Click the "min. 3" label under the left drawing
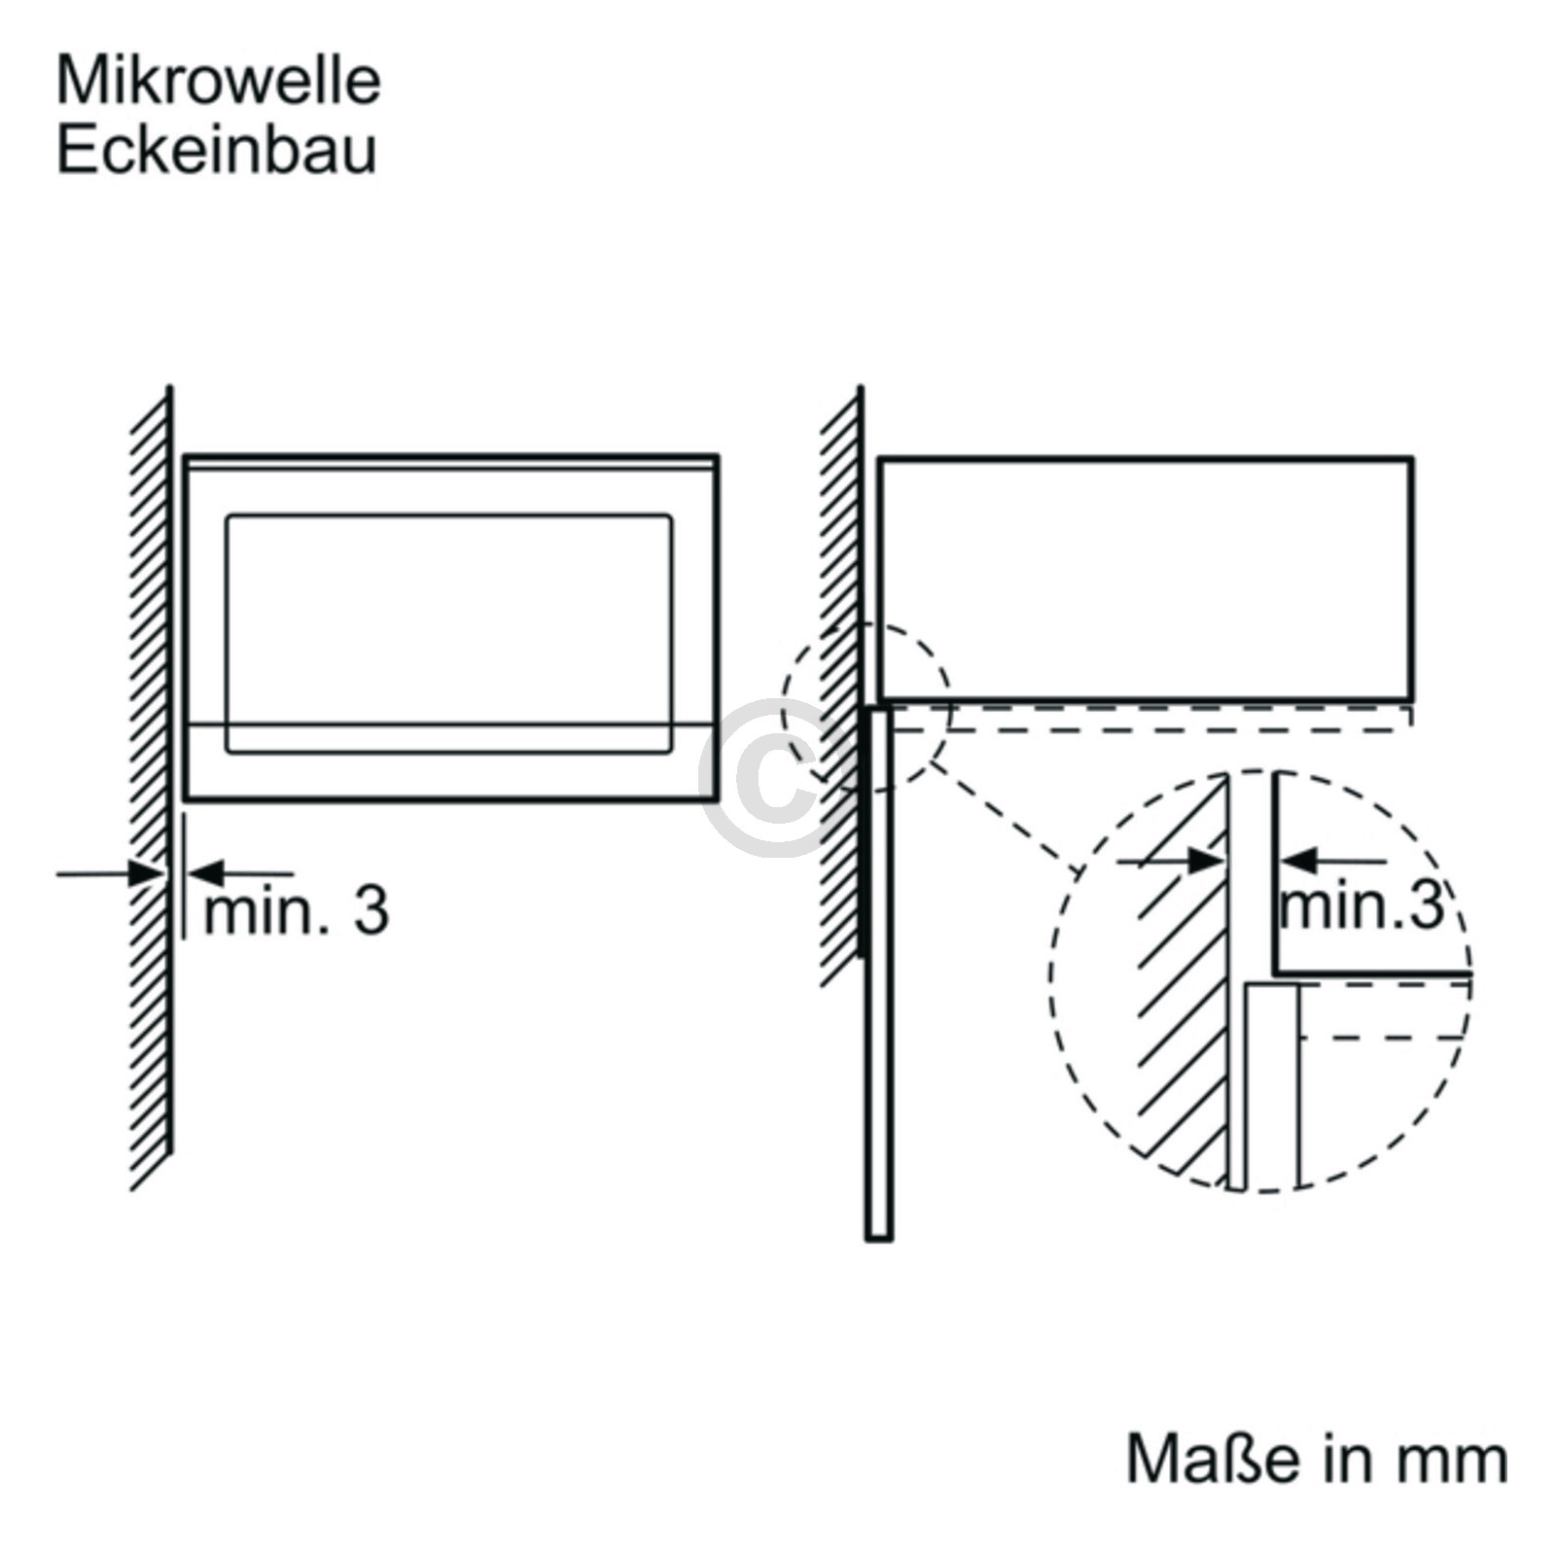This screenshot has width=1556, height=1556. click(297, 910)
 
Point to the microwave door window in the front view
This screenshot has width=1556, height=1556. click(448, 634)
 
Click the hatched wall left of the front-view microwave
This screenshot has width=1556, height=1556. click(152, 788)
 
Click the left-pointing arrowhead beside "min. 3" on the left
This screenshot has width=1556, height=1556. click(203, 872)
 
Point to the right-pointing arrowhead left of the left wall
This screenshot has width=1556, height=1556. click(146, 873)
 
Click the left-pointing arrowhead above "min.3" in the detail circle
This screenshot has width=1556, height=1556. click(1296, 861)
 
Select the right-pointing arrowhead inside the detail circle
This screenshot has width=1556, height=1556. click(1205, 861)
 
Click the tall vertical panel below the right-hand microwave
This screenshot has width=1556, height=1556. click(878, 972)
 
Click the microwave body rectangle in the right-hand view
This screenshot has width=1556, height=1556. click(1146, 578)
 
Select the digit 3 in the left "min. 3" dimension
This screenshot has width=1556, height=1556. click(371, 910)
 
